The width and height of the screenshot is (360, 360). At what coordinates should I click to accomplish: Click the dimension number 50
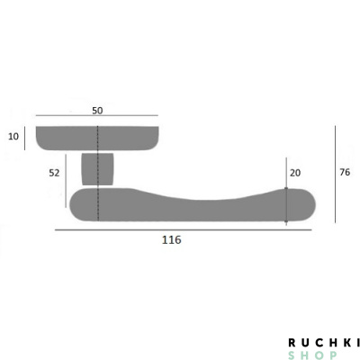coord(97,111)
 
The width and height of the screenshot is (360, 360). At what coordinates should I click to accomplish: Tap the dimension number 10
coord(13,137)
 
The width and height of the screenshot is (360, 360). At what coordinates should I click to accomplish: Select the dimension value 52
coord(54,173)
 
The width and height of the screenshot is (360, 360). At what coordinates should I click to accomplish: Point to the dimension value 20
coord(295,173)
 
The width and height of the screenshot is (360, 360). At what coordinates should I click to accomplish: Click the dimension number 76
coord(345,172)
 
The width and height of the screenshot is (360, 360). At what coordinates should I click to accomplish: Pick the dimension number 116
coord(172,240)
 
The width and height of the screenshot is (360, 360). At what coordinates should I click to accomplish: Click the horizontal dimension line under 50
coord(97,115)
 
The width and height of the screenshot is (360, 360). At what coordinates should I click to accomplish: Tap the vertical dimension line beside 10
coord(24,139)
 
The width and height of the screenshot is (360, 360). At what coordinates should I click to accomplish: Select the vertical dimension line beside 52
coord(66,181)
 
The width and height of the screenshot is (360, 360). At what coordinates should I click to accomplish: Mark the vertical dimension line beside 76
coord(335,175)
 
